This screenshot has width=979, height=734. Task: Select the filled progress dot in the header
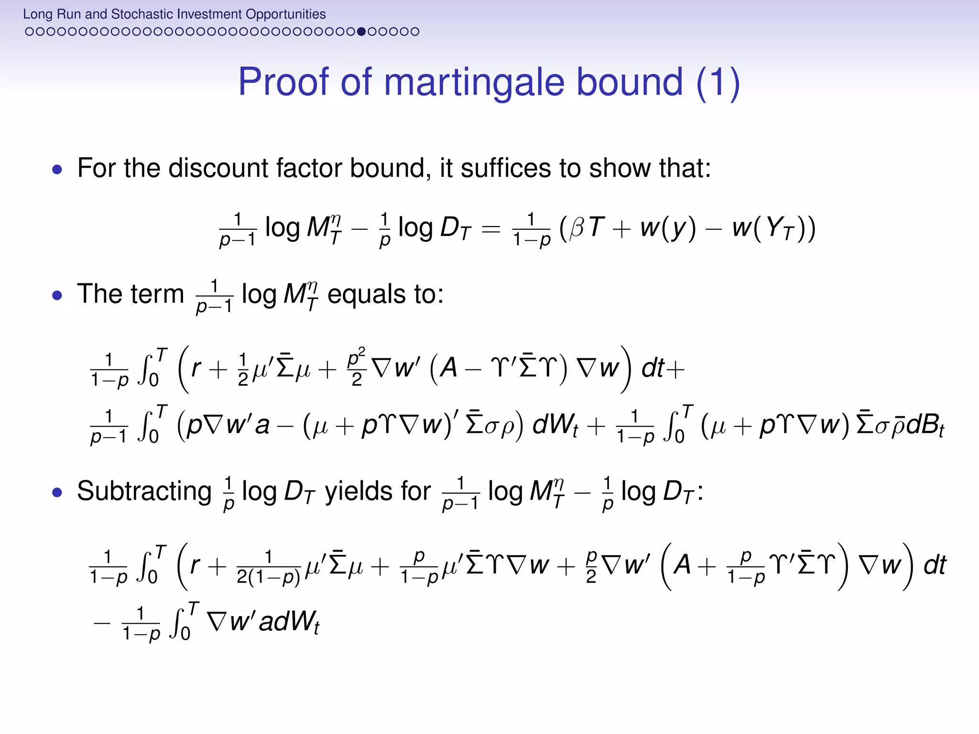(x=361, y=32)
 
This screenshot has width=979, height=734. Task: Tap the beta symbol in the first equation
(x=577, y=228)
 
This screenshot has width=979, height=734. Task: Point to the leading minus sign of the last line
(x=102, y=623)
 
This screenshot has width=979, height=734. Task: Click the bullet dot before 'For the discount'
(x=57, y=169)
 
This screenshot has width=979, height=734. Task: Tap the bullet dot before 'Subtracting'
(x=57, y=492)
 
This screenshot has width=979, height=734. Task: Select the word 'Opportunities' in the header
(x=286, y=14)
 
